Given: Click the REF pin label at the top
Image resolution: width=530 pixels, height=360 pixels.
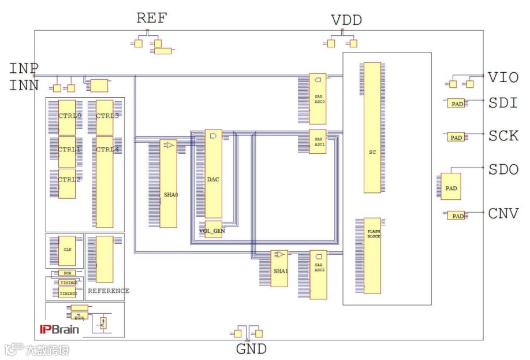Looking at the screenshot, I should click(151, 18).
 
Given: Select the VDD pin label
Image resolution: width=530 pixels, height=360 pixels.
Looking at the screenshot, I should click(346, 20).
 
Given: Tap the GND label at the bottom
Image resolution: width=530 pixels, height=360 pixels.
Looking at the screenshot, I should click(251, 349).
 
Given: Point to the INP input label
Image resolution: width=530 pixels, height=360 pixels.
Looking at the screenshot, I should click(24, 68).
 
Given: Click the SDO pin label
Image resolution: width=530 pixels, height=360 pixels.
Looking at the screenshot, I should click(503, 170).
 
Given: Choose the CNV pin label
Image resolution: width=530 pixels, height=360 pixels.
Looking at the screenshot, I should click(503, 213).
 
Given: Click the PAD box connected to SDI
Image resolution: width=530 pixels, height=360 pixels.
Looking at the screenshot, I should click(457, 104).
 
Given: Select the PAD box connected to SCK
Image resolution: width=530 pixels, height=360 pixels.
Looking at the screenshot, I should click(456, 138).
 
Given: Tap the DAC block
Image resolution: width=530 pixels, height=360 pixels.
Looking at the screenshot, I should click(213, 174).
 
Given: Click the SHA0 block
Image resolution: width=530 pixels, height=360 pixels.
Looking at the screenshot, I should click(169, 184).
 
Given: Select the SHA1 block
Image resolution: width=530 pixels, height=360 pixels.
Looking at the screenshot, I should click(279, 268).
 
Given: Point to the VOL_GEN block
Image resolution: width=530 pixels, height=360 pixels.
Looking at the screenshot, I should click(212, 229).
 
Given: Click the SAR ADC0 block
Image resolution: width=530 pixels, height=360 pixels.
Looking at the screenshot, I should click(318, 99).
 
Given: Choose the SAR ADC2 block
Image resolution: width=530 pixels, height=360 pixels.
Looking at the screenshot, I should click(318, 274).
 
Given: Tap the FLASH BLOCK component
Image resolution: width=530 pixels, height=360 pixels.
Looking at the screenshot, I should click(372, 255).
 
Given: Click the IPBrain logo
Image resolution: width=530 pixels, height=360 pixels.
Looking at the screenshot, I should click(59, 329).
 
